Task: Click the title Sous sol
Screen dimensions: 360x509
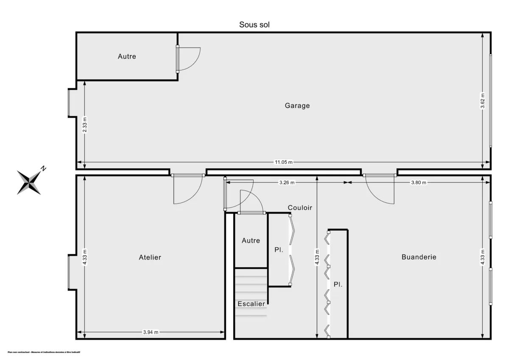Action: click(255, 25)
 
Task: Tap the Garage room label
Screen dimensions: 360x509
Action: click(297, 106)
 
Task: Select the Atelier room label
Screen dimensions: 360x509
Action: click(150, 257)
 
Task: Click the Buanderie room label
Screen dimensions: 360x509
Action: click(419, 257)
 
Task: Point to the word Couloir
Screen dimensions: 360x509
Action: click(300, 207)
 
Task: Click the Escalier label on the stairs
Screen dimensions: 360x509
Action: click(251, 304)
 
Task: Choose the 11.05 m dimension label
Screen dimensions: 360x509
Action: click(284, 162)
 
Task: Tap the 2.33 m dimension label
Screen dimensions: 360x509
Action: click(85, 125)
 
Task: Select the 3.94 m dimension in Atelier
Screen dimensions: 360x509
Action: click(150, 332)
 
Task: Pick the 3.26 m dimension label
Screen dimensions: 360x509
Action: click(287, 182)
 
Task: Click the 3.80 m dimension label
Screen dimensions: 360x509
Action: click(418, 182)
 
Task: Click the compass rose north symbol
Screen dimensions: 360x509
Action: click(30, 181)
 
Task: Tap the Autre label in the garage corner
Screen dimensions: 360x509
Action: click(127, 56)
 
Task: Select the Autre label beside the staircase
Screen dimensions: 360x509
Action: click(251, 240)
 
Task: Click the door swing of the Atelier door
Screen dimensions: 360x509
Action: click(187, 190)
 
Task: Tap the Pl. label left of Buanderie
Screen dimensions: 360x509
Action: click(338, 285)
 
